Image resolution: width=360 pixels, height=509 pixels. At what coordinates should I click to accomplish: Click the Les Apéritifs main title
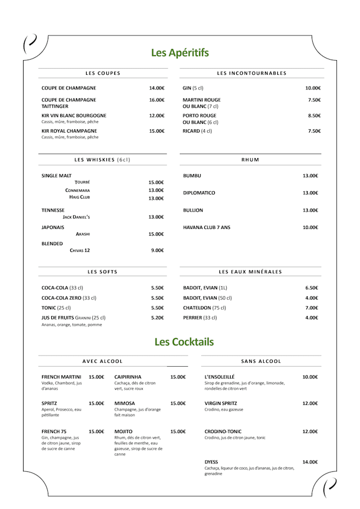(x=179, y=53)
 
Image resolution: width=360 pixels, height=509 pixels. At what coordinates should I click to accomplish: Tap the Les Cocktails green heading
(x=184, y=341)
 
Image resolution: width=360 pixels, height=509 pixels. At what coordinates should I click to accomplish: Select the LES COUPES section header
(x=103, y=73)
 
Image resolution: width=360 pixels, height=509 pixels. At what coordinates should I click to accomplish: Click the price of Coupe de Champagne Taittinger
(x=156, y=100)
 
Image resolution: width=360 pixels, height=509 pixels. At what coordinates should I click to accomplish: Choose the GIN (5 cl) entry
(x=193, y=88)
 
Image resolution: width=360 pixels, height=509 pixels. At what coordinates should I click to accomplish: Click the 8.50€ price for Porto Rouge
(x=314, y=116)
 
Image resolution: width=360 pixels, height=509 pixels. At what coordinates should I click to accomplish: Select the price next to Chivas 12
(x=157, y=250)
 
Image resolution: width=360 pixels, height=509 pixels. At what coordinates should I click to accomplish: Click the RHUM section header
(x=250, y=160)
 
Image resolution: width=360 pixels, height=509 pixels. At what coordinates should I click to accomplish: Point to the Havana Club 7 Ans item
(x=206, y=228)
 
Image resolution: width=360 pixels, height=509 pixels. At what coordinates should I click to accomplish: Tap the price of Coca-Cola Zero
(x=157, y=298)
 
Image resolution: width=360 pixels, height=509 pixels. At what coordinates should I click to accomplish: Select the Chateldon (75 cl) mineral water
(x=205, y=308)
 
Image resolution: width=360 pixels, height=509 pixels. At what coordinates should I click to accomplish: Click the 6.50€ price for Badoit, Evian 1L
(x=312, y=288)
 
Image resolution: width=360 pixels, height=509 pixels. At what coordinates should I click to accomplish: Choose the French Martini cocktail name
(x=61, y=377)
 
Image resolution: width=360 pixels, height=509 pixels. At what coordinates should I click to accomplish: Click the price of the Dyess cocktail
(x=310, y=462)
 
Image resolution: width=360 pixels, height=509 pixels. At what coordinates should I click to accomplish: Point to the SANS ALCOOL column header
(x=261, y=361)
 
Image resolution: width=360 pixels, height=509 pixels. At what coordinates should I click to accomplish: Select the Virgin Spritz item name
(x=220, y=403)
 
